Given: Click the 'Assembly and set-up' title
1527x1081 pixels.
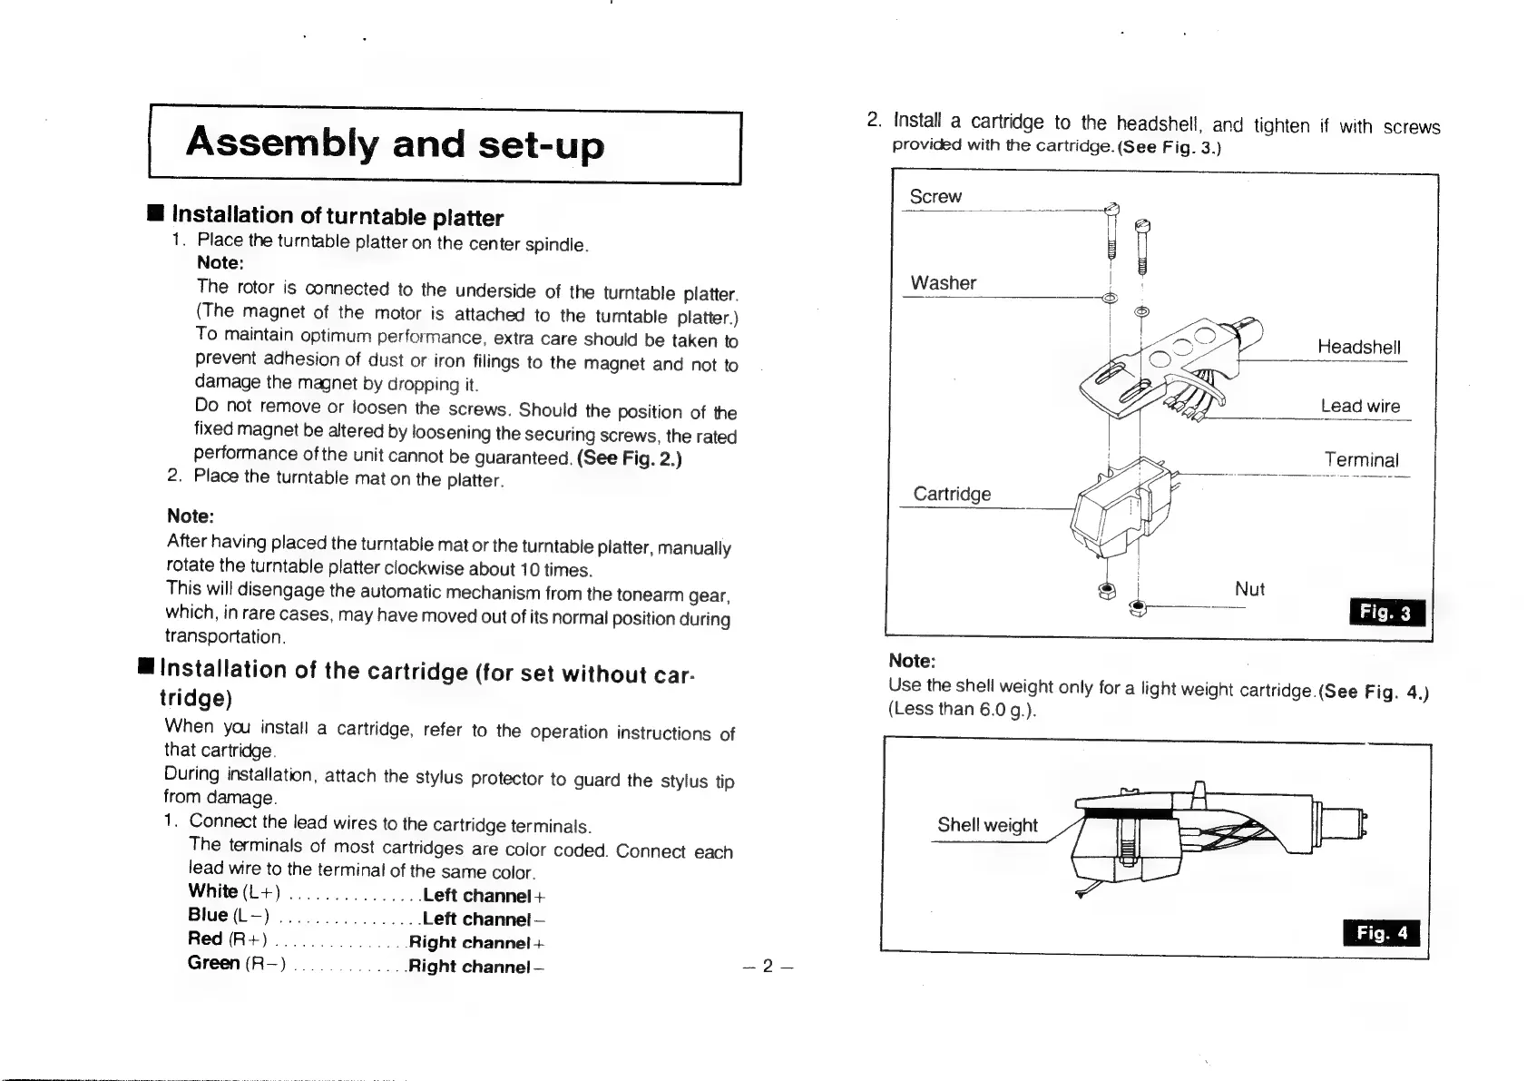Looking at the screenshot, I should [x=395, y=145].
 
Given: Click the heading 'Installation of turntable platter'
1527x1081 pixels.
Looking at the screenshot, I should [x=338, y=216].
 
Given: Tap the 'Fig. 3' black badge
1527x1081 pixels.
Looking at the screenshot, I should [x=1387, y=614].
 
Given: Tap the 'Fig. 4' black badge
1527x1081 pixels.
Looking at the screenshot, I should [x=1381, y=933].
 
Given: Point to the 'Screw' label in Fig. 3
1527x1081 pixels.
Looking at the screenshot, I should [x=935, y=197].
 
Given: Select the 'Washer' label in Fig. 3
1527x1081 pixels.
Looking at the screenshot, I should [x=944, y=283].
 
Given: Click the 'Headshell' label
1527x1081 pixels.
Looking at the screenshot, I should [x=1358, y=348].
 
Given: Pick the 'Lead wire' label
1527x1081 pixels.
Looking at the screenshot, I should [x=1360, y=407].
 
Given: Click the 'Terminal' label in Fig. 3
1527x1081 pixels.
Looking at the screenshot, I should [x=1361, y=460].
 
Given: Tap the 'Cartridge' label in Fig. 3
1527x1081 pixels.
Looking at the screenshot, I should [x=952, y=494].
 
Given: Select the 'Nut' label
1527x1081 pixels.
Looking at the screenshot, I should [x=1249, y=589].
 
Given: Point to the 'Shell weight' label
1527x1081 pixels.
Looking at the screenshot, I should [x=987, y=825].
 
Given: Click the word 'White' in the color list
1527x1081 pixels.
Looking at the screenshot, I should [x=212, y=891].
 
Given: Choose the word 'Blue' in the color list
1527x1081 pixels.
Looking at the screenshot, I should [x=208, y=915].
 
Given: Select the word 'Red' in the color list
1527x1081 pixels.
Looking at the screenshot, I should [x=205, y=939].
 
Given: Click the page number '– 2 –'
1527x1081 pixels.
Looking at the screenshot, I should [x=767, y=966].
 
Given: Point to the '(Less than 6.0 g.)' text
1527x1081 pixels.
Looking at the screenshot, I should [x=962, y=710].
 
